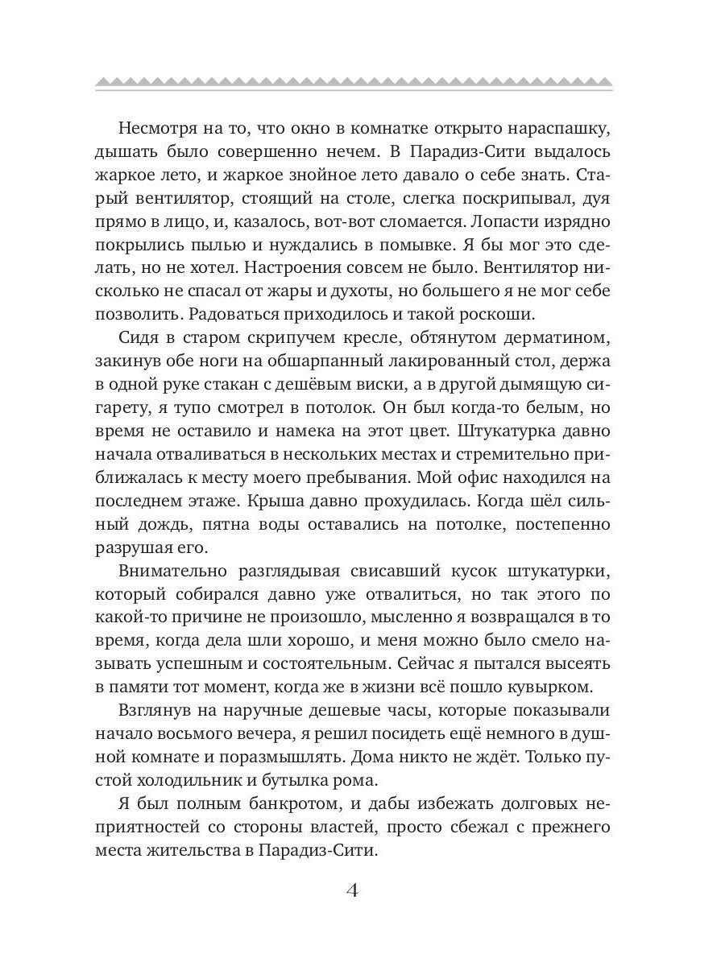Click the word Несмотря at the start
[159, 130]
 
